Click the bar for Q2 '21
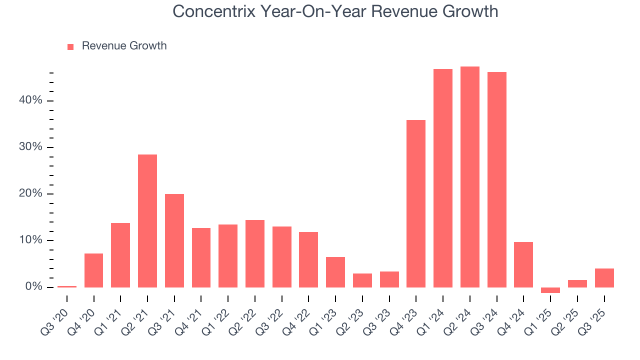(147, 220)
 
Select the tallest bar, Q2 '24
(470, 177)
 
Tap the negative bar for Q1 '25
(550, 290)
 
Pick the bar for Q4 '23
(416, 203)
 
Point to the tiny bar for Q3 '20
(67, 286)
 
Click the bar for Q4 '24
(523, 264)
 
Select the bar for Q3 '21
(174, 240)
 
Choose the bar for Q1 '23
(335, 272)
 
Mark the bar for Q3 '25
(604, 278)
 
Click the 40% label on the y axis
(31, 100)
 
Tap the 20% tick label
(31, 194)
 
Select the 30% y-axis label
(31, 147)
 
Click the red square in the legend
(70, 46)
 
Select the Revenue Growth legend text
(124, 46)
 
